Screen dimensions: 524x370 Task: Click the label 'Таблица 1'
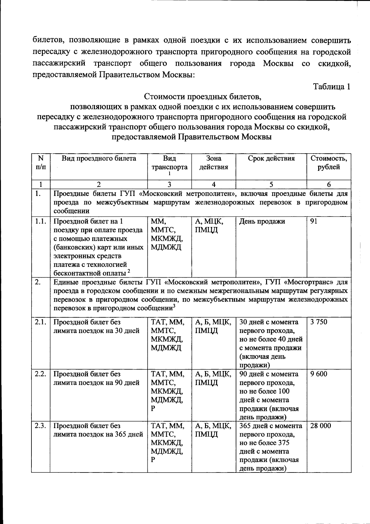coord(331,87)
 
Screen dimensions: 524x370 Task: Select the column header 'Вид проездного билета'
coord(99,159)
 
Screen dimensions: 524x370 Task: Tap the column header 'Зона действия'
coord(213,163)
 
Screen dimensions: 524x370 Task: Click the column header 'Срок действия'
coord(271,159)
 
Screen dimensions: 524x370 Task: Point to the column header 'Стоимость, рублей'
coord(329,163)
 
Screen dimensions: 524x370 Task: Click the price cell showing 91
coord(314,221)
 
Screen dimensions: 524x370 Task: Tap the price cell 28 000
coord(321,426)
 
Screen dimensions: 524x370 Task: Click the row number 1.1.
coord(40,221)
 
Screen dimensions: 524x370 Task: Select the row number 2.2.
coord(40,374)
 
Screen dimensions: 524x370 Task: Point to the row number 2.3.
coord(40,426)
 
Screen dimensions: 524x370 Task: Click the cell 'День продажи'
coord(262,221)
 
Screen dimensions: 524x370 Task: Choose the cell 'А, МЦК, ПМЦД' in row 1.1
coord(209,226)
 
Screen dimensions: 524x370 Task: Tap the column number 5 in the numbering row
coord(271,185)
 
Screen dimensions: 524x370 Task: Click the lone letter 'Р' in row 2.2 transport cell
coord(153,409)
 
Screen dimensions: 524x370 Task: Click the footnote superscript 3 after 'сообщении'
coord(174,306)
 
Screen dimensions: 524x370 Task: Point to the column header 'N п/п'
coord(40,163)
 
